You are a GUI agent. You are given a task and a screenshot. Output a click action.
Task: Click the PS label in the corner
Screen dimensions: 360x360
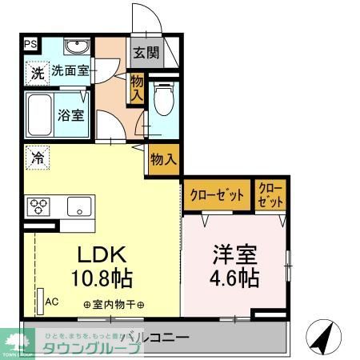[30, 45]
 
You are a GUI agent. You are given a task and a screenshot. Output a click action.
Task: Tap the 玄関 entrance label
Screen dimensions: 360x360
[146, 54]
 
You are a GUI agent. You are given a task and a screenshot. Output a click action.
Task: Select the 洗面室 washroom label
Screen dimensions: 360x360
[70, 70]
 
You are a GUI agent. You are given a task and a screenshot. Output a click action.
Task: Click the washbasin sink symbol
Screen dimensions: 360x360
[78, 46]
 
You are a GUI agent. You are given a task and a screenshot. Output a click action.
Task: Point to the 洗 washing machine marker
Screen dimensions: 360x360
[38, 72]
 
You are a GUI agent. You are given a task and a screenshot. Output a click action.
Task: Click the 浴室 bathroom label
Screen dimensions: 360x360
[70, 114]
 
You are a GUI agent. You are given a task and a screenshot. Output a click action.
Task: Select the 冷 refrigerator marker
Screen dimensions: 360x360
[37, 158]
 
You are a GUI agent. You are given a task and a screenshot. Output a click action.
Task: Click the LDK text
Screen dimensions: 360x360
[101, 254]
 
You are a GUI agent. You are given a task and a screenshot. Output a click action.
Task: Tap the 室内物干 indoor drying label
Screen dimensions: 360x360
[114, 305]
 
